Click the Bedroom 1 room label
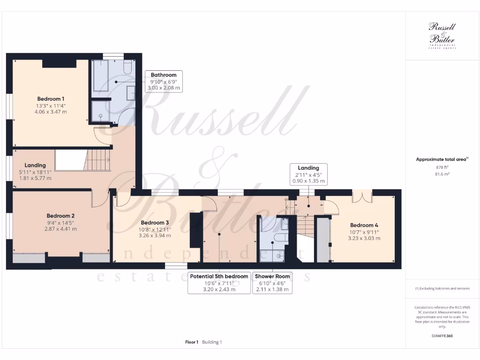tap(51, 99)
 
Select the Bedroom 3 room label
tap(155, 222)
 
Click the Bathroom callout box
tap(164, 81)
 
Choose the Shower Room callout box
tap(272, 283)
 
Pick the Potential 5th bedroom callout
tap(219, 283)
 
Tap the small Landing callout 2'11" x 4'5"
tap(308, 174)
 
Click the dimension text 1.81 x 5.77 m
tap(35, 178)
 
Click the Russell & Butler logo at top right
tap(442, 35)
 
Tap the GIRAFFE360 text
tap(442, 336)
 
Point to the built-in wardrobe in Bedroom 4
tap(323, 239)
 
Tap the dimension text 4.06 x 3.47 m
tap(51, 112)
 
